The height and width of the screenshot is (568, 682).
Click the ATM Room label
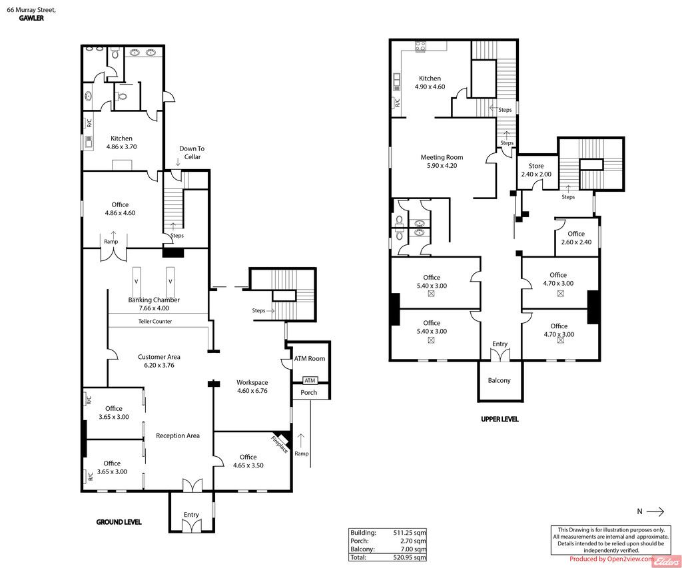pyautogui.click(x=310, y=359)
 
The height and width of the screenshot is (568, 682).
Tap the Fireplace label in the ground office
pyautogui.click(x=280, y=444)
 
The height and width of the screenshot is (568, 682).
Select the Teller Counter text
pyautogui.click(x=155, y=322)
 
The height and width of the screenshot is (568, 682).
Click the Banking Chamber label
pyautogui.click(x=154, y=300)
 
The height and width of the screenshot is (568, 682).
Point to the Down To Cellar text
pyautogui.click(x=192, y=152)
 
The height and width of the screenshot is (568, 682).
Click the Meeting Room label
pyautogui.click(x=442, y=157)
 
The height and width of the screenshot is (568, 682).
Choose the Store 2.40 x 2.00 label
pyautogui.click(x=536, y=170)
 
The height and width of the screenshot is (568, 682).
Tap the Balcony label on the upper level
pyautogui.click(x=499, y=380)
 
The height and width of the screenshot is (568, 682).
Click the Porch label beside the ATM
pyautogui.click(x=309, y=392)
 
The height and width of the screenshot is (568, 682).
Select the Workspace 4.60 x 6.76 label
pyautogui.click(x=252, y=387)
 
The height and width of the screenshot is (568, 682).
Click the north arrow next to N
pyautogui.click(x=655, y=511)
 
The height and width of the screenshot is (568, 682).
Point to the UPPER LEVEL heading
pyautogui.click(x=500, y=420)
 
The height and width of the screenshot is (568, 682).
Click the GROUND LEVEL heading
pyautogui.click(x=119, y=522)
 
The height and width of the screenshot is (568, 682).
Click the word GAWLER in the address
pyautogui.click(x=31, y=18)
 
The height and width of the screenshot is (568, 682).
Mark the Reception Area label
pyautogui.click(x=178, y=435)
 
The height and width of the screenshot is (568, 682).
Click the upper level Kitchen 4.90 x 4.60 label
pyautogui.click(x=430, y=83)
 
